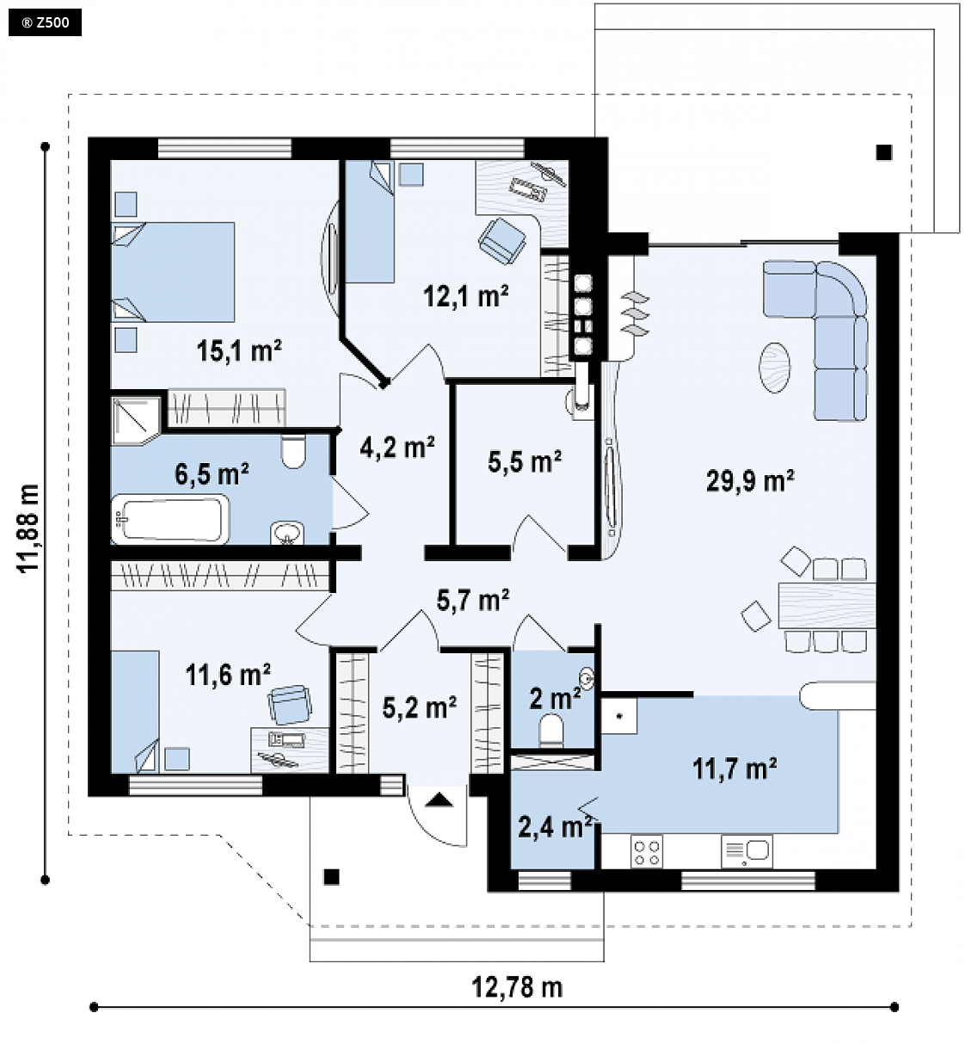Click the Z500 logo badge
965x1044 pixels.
[x=46, y=23]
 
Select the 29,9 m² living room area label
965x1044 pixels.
[x=750, y=480]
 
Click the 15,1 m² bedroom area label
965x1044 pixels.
[x=239, y=350]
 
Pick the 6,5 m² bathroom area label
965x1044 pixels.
[x=212, y=473]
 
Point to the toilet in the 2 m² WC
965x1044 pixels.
[x=551, y=730]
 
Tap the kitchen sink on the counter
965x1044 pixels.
[x=747, y=851]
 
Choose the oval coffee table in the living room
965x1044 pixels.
[x=775, y=368]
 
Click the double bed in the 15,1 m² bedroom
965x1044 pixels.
[x=174, y=272]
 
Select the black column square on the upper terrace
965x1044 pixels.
[x=884, y=152]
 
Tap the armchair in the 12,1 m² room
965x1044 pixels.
[x=501, y=240]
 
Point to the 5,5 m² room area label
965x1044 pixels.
[x=525, y=461]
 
